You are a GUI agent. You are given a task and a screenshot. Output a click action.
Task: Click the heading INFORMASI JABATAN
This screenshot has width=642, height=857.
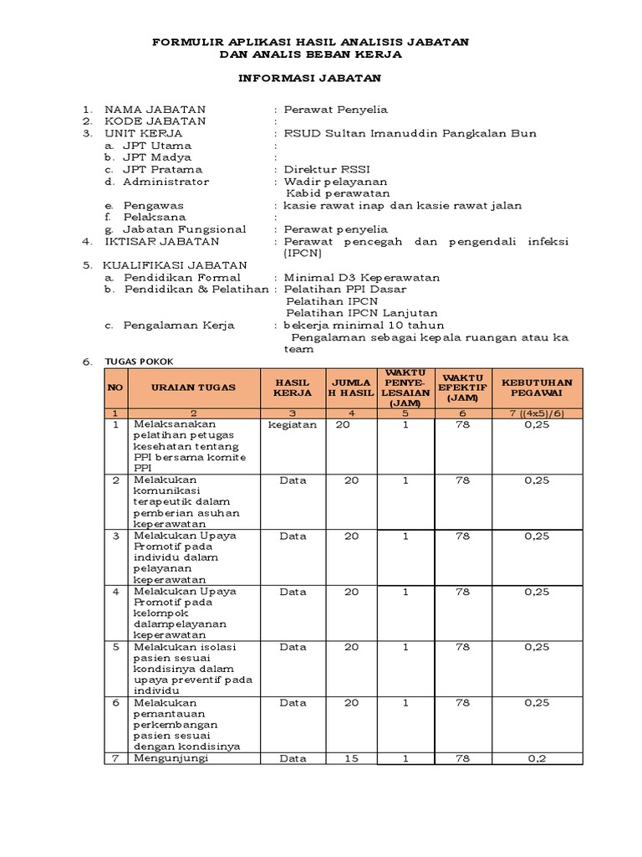pos(310,78)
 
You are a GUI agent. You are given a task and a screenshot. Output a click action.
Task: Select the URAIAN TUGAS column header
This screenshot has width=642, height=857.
pos(193,387)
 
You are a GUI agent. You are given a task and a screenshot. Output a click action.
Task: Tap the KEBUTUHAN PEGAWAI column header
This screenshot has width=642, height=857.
pos(538,387)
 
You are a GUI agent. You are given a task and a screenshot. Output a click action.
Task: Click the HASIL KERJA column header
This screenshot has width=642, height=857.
pos(293,387)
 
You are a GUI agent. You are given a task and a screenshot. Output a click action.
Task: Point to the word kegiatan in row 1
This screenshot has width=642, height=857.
pos(293,425)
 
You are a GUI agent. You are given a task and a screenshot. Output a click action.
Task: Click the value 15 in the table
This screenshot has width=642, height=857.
pos(352,758)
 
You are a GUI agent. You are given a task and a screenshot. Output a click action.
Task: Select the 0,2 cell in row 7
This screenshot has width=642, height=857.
pos(538,758)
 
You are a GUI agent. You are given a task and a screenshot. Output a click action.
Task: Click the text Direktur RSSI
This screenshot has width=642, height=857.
pos(322,169)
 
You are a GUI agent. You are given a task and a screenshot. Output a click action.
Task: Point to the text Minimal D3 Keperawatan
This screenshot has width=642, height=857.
pos(362,278)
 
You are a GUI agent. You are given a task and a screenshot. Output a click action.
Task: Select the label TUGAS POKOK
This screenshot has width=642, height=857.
pos(137,361)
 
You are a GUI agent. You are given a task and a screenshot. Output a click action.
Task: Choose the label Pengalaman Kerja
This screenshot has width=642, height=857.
pos(179,326)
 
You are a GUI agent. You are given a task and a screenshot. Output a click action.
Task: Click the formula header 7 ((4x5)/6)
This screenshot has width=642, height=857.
pos(538,413)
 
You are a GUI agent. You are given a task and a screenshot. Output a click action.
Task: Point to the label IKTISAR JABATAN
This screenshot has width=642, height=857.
pos(161,241)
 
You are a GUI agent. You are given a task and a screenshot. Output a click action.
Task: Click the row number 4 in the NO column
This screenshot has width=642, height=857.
pos(116,591)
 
